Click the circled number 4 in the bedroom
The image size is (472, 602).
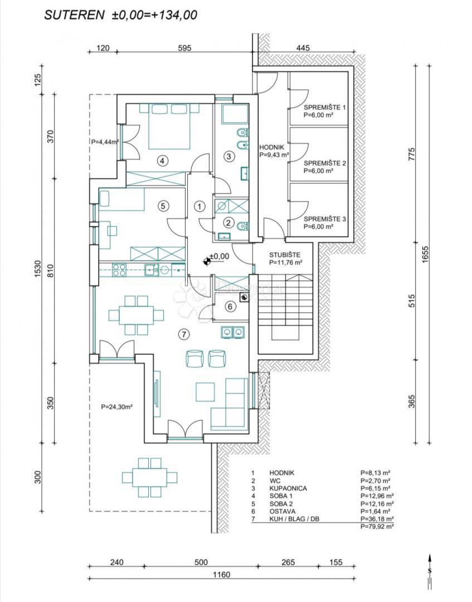coord(162,161)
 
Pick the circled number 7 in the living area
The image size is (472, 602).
coord(184,334)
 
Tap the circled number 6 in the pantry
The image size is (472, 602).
coord(230,306)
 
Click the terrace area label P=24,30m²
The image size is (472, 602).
coord(116,407)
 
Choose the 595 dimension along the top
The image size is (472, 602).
coord(183,48)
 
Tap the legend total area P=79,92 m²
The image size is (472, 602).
coord(377,526)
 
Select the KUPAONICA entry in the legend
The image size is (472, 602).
coord(288,488)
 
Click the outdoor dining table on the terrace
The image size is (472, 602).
coord(149,477)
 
